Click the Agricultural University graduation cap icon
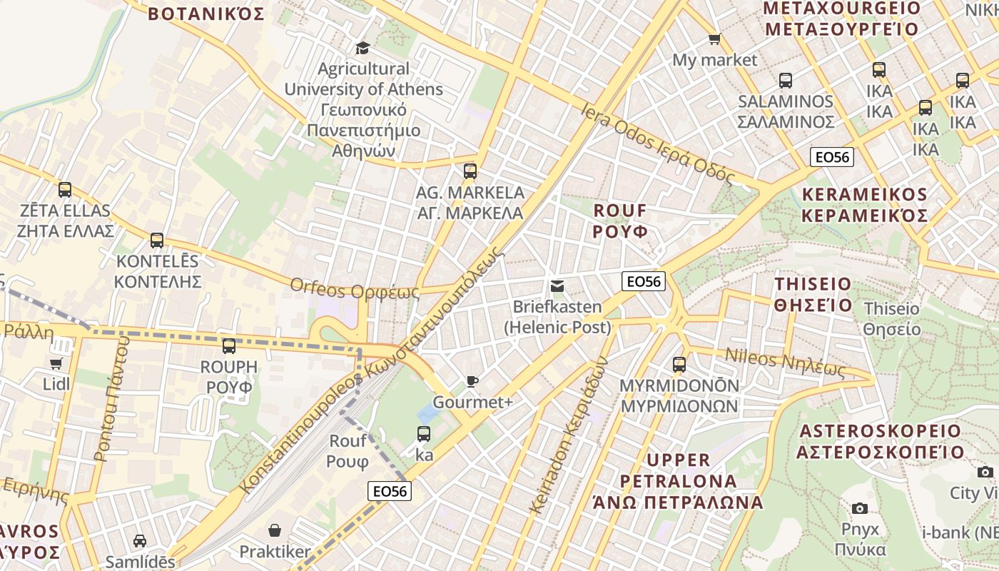pos(362,48)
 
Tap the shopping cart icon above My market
pos(714,39)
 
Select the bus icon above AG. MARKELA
pos(470,171)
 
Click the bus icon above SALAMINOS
pos(786,81)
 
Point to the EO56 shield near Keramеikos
pos(833,157)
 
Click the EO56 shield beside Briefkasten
pos(644,281)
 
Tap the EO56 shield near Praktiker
pos(390,491)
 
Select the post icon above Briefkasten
pos(557,286)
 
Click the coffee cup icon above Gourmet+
pos(472,381)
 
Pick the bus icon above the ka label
pos(424,433)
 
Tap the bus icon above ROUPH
pos(228,346)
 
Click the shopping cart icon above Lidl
pos(56,364)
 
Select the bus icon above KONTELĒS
pos(157,241)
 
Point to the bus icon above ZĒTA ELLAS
pos(65,190)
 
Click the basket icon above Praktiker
pos(275,530)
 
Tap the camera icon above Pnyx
pos(860,508)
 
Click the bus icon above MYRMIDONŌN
pos(679,365)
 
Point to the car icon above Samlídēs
pos(140,541)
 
